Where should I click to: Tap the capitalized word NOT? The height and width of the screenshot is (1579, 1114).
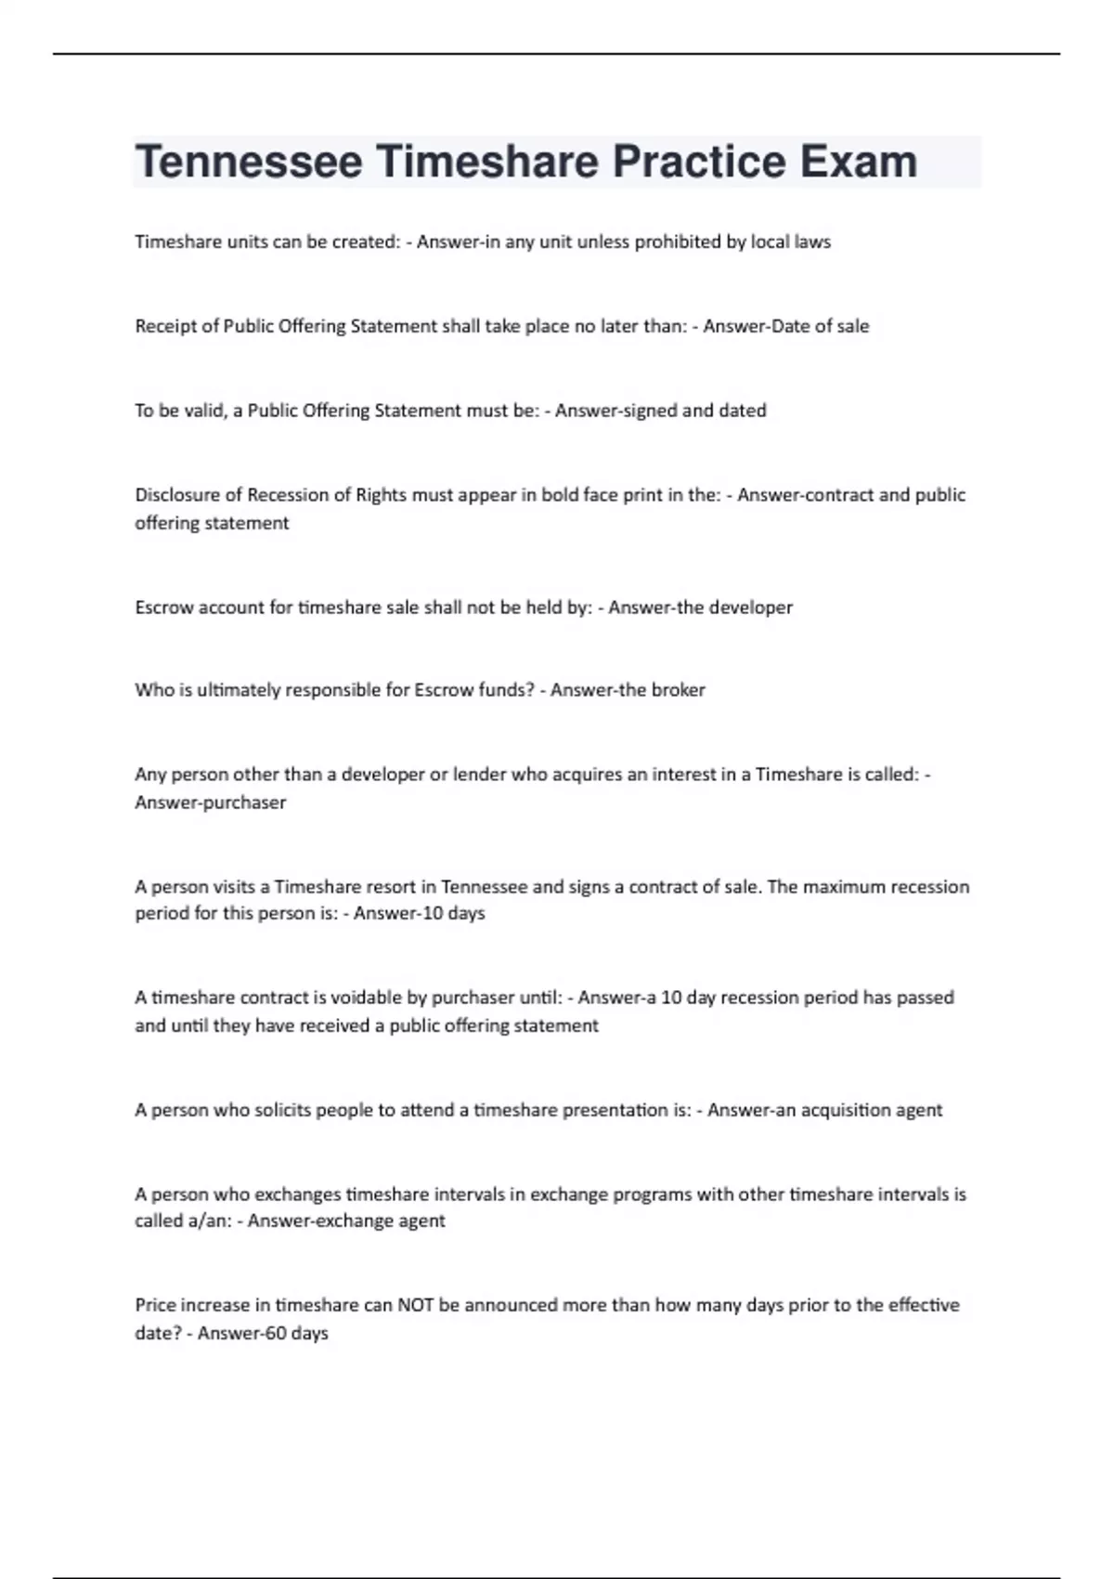pyautogui.click(x=416, y=1305)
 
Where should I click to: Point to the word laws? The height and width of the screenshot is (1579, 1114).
pyautogui.click(x=812, y=241)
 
